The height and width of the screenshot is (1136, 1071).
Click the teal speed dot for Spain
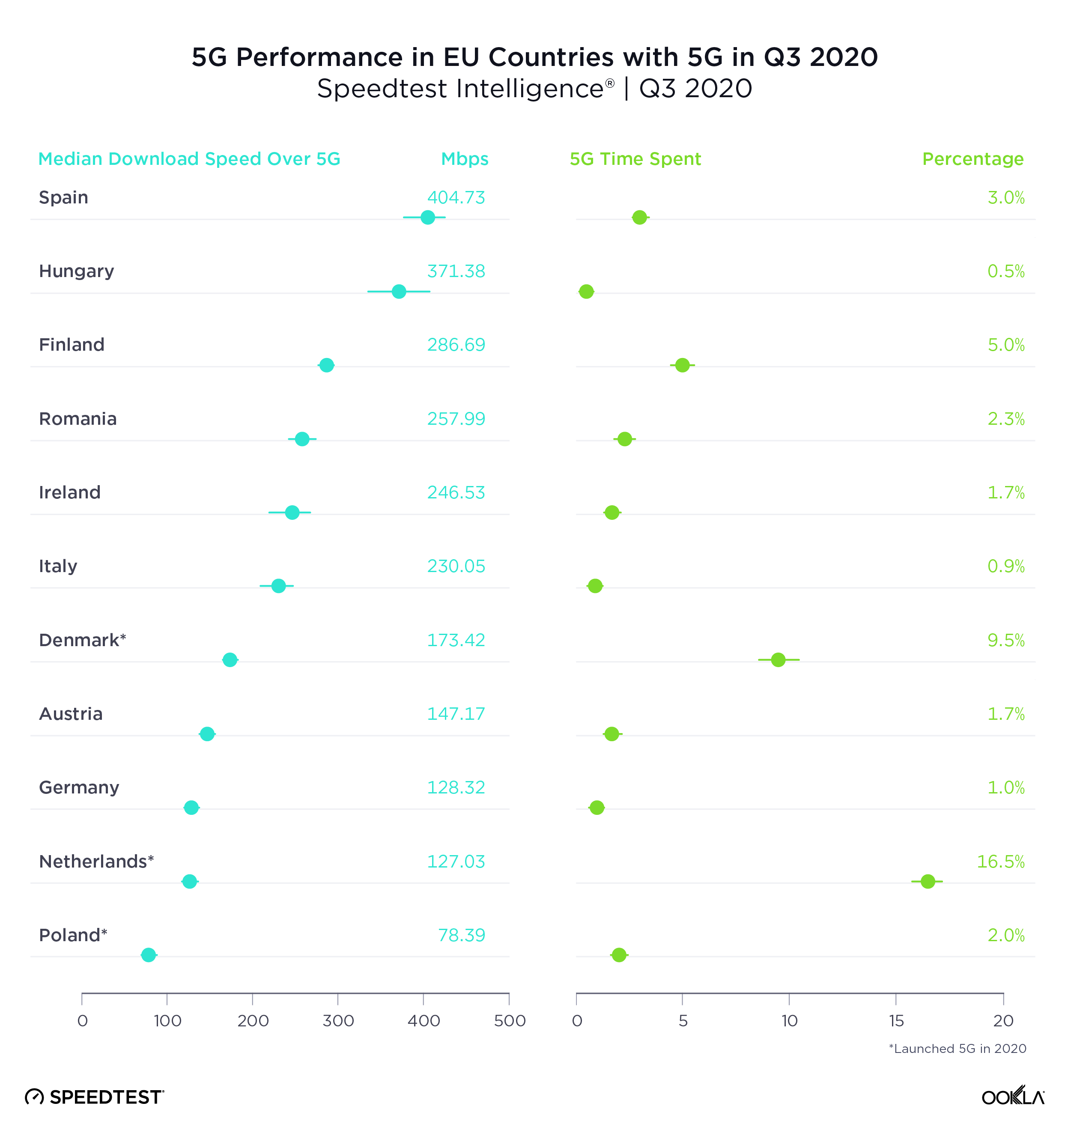click(x=427, y=217)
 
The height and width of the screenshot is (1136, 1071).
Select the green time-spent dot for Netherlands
click(x=928, y=881)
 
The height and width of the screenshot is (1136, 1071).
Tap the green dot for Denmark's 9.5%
click(x=778, y=659)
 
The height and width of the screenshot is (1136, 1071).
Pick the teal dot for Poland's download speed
click(x=149, y=955)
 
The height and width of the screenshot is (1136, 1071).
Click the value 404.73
click(x=456, y=198)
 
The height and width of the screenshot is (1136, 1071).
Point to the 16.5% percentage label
click(x=1000, y=861)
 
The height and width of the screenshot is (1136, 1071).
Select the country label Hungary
click(x=77, y=271)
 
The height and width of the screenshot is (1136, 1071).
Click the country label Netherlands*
click(x=96, y=861)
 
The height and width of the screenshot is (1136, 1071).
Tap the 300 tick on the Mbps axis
click(x=338, y=1020)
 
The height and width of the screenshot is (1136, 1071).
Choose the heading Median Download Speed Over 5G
click(x=189, y=159)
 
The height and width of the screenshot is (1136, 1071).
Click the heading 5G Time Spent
click(x=635, y=159)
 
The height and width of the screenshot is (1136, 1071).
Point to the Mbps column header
click(x=465, y=159)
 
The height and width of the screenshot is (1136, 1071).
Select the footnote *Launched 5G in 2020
click(x=957, y=1049)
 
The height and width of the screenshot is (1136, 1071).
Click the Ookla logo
click(x=1012, y=1096)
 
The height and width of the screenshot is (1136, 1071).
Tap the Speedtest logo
click(x=95, y=1097)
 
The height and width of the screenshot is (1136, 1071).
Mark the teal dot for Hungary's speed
click(x=399, y=292)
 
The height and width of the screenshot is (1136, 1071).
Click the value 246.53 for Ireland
click(x=456, y=492)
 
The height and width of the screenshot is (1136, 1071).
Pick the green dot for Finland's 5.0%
click(x=682, y=365)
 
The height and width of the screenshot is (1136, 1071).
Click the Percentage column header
click(x=973, y=159)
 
